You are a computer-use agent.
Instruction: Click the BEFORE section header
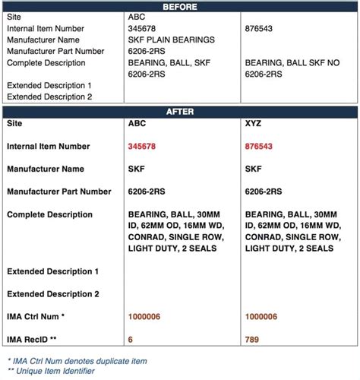(180, 7)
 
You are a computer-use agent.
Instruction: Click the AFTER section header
(180, 111)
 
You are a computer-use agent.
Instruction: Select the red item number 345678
(147, 146)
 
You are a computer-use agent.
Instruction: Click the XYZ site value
(255, 123)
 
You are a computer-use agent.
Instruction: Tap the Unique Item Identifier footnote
(52, 371)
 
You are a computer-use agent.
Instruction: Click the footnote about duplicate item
(77, 360)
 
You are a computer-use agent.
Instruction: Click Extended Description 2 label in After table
(52, 293)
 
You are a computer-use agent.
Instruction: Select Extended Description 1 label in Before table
(49, 85)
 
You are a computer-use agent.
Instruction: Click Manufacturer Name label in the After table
(46, 169)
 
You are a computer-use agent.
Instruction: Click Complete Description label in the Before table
(46, 62)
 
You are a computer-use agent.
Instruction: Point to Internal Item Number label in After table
(48, 146)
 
